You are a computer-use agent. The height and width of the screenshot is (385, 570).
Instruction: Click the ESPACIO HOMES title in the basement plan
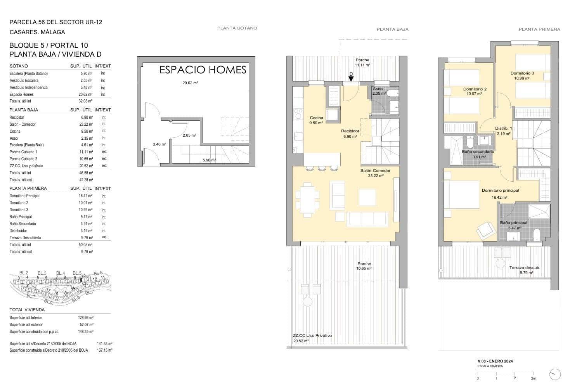[x=203, y=70]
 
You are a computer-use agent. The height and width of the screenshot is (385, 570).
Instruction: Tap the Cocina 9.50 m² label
[x=316, y=120]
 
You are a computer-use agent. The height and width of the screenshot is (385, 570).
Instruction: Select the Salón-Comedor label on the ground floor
[x=375, y=170]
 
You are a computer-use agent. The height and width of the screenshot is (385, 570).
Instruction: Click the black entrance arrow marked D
[x=351, y=79]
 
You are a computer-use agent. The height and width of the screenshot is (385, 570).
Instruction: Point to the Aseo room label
[x=378, y=89]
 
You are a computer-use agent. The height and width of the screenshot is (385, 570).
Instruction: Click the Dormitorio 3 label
[x=522, y=73]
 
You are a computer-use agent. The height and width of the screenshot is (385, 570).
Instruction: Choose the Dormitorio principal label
[x=500, y=190]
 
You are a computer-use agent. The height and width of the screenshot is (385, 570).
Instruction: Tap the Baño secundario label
[x=478, y=152]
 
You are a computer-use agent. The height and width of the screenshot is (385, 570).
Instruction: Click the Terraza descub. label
[x=525, y=268]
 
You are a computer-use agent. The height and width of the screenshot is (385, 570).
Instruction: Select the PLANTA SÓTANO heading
[x=237, y=28]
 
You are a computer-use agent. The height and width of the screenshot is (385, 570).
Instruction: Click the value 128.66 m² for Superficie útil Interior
[x=86, y=317]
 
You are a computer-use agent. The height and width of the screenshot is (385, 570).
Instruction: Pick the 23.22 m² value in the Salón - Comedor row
[x=86, y=125]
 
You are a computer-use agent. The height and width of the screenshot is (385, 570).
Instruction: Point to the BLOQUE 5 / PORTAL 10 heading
[x=49, y=45]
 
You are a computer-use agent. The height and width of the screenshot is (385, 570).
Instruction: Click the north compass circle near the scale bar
[x=555, y=375]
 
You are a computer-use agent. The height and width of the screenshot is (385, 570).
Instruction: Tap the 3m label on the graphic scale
[x=534, y=378]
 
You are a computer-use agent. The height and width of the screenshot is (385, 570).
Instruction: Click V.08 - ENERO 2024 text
[x=495, y=361]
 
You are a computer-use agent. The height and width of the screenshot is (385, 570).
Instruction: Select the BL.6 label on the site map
[x=98, y=273]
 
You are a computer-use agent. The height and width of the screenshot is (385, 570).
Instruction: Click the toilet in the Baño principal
[x=536, y=235]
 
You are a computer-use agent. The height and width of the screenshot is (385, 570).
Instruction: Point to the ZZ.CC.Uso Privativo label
[x=312, y=336]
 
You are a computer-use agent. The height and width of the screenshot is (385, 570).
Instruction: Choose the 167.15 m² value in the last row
[x=105, y=350]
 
